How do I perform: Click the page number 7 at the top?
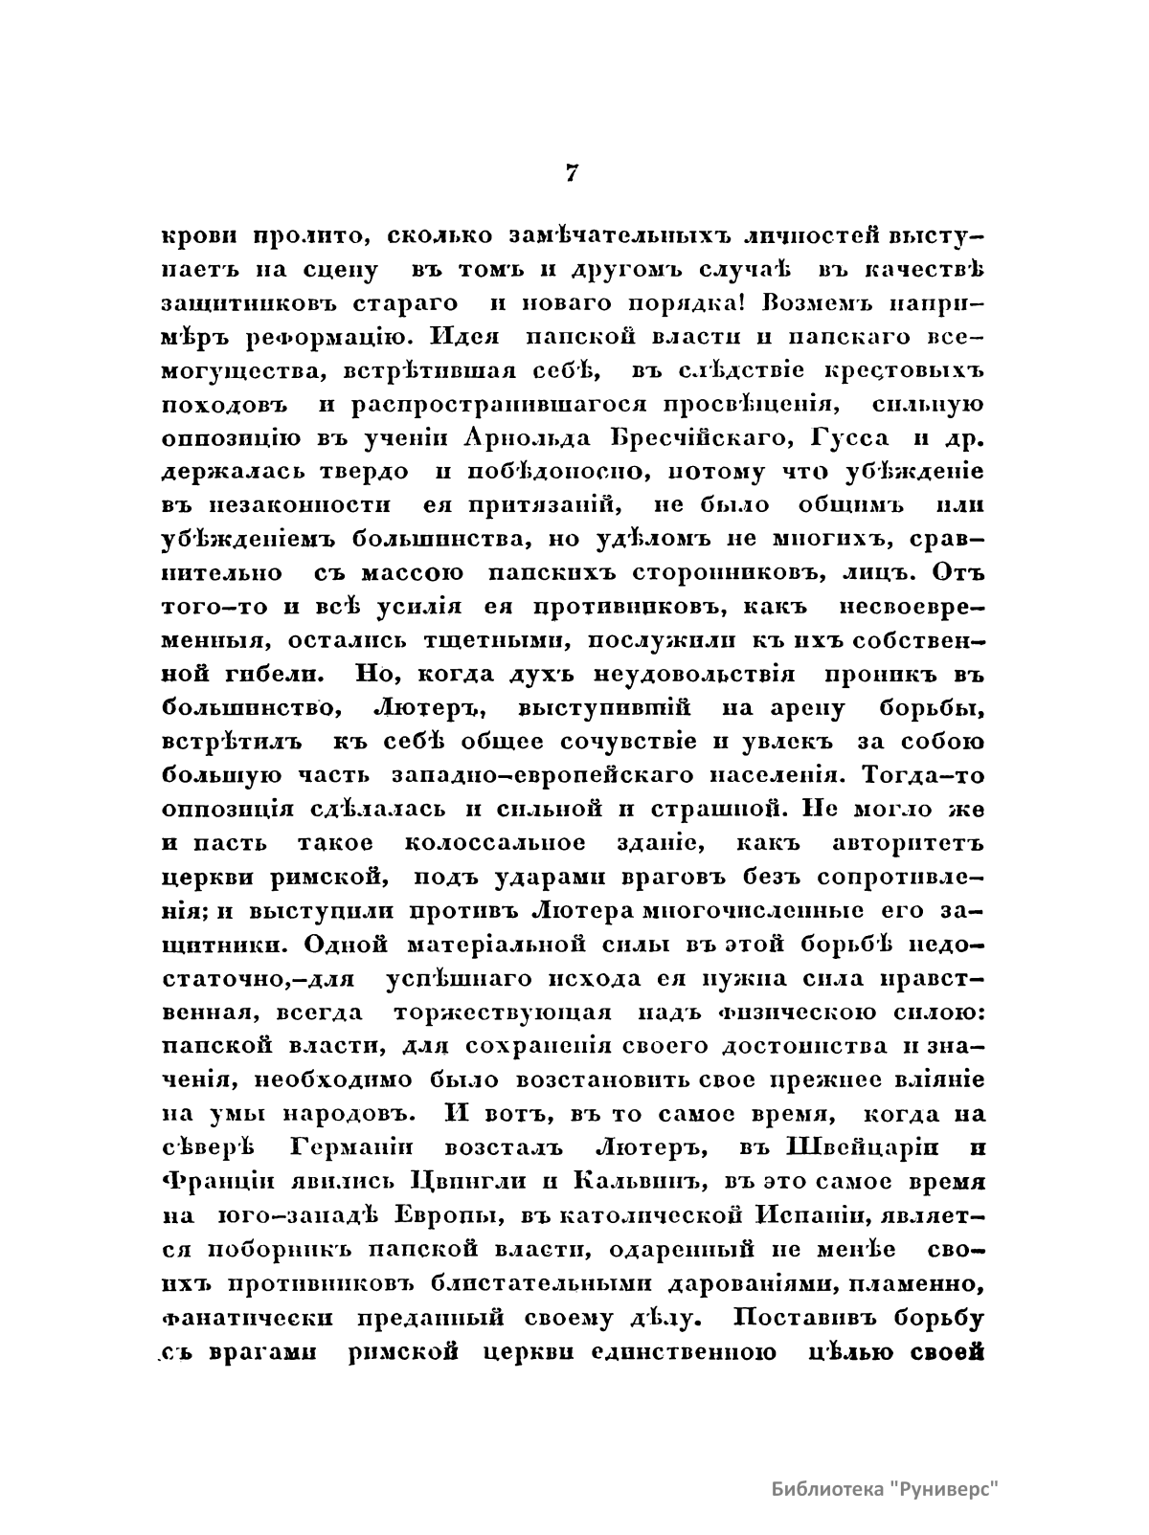click(x=571, y=172)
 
